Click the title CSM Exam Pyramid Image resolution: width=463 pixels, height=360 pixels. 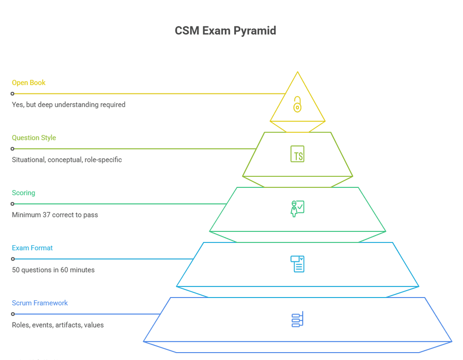pos(225,31)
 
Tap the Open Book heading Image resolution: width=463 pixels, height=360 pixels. pos(29,83)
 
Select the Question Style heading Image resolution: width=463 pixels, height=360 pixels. pos(34,138)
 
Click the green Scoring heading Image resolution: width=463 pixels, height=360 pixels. pos(24,193)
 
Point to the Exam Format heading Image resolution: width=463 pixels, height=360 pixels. pos(32,248)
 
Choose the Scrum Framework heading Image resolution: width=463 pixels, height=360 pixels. pos(40,303)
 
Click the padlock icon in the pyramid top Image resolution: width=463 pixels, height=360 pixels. pos(297,105)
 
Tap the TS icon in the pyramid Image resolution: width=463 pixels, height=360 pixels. pos(297,154)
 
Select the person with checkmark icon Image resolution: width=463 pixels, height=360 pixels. pos(297,209)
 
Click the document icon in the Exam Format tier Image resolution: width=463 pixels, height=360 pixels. pos(297,264)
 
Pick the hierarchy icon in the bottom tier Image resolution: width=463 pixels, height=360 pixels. pos(297,319)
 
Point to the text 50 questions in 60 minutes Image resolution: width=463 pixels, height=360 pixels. pos(53,270)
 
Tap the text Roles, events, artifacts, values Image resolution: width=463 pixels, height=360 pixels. pos(58,325)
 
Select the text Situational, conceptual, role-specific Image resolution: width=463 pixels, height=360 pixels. pos(67,160)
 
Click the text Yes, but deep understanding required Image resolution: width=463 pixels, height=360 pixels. pos(69,105)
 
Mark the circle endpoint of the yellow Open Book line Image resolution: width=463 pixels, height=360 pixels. pos(13,94)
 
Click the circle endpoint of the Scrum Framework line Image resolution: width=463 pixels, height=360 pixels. pos(13,314)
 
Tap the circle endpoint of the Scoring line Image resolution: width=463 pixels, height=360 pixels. pos(13,204)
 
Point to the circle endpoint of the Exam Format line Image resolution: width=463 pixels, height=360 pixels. pos(13,259)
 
